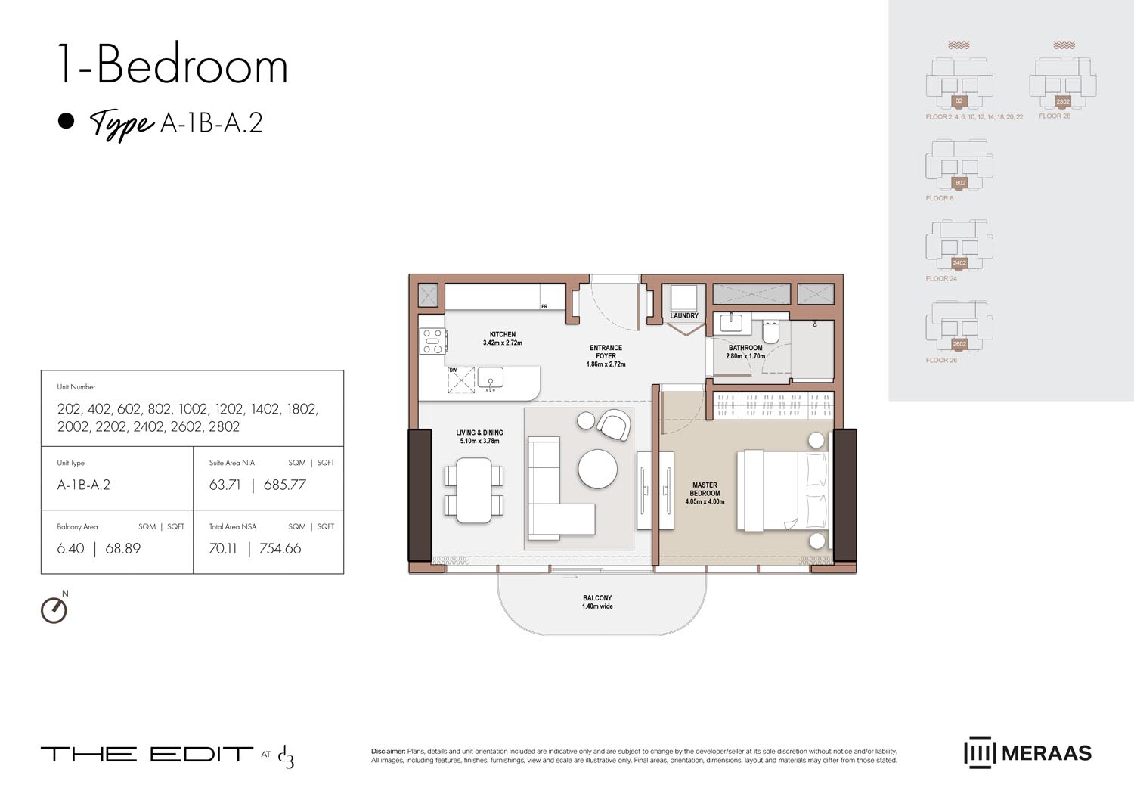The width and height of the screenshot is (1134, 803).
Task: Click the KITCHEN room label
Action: tap(503, 334)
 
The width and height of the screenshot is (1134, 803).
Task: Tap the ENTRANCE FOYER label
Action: tap(606, 352)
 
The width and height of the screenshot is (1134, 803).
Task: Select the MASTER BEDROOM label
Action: tap(705, 489)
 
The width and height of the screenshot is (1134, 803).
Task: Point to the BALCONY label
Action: tap(597, 598)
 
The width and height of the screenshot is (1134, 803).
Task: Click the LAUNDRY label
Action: tap(684, 316)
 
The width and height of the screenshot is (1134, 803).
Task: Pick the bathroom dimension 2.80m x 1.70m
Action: tap(745, 356)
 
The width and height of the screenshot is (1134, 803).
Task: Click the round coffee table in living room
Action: tap(597, 470)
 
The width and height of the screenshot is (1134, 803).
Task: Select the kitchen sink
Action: tap(491, 377)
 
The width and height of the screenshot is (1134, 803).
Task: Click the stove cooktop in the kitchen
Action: tap(432, 341)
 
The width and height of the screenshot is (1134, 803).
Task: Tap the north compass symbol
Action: tap(54, 610)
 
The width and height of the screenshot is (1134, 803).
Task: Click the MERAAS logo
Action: tap(1027, 753)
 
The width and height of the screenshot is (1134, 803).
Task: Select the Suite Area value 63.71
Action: tap(225, 485)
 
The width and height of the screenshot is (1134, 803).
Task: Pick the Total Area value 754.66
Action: tap(280, 549)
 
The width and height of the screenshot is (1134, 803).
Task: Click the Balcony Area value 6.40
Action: tap(70, 549)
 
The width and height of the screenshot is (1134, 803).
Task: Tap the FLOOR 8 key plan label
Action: tap(940, 198)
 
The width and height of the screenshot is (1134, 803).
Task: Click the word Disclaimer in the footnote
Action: tap(388, 752)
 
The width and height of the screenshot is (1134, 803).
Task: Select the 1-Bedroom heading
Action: tap(172, 66)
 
